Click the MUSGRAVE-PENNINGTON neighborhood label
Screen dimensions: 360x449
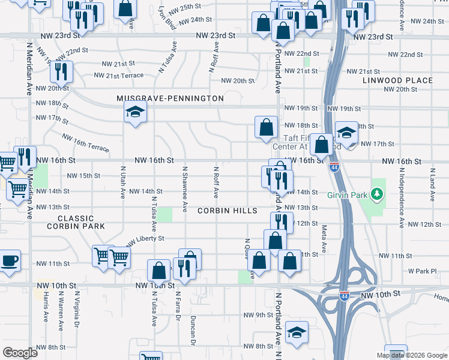point(170,98)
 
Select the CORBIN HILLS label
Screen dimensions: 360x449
point(228,211)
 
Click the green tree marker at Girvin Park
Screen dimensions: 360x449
point(377,194)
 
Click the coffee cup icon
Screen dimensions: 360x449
point(9,261)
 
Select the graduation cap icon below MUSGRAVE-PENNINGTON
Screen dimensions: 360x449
point(135,111)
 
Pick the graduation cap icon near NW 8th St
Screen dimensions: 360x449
point(297,332)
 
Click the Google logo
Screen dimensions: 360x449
point(20,353)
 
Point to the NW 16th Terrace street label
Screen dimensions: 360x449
point(85,142)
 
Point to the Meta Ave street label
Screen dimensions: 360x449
point(324,238)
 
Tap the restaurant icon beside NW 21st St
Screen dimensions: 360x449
point(61,71)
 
